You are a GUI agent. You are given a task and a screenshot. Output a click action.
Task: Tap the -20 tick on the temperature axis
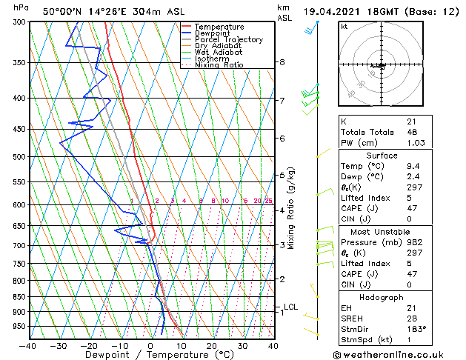(89, 345)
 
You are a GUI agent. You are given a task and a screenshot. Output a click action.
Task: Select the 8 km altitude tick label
(282, 62)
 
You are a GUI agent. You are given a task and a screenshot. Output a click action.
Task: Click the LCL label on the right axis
(290, 307)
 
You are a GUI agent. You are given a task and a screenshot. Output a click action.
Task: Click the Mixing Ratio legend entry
(219, 65)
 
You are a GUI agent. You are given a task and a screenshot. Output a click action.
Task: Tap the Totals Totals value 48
(412, 132)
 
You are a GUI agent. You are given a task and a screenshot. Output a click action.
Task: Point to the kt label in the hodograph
(344, 27)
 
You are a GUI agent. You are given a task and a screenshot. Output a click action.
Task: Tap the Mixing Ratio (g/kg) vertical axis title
(292, 208)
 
